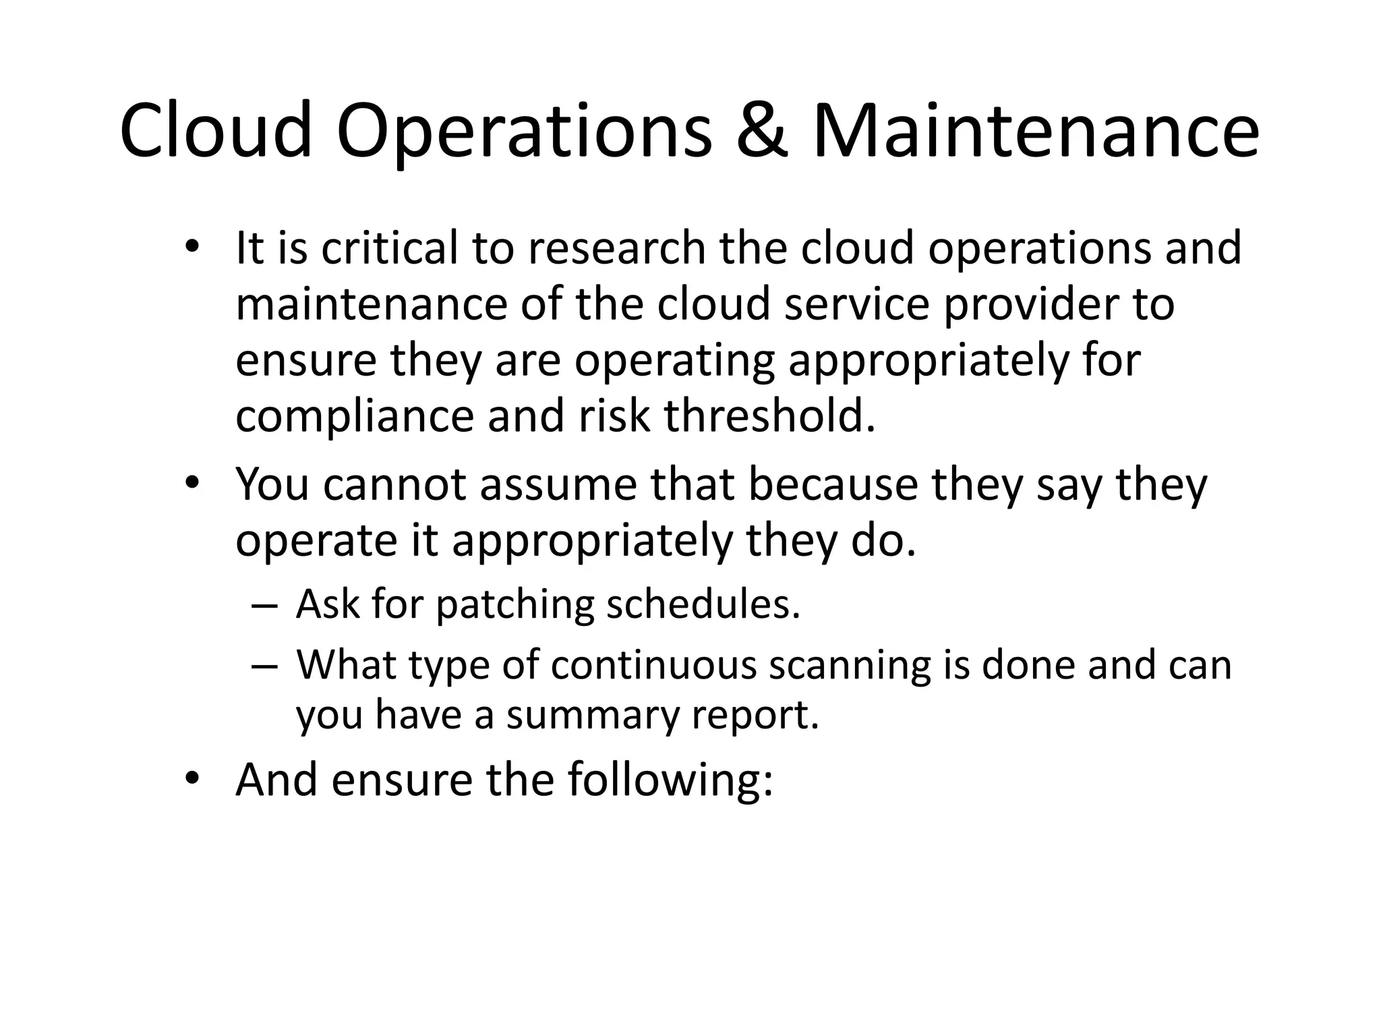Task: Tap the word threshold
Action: coord(769,415)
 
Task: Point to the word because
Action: coord(833,485)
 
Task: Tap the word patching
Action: coord(515,605)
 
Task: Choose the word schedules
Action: coord(703,604)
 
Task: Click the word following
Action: coord(670,781)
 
